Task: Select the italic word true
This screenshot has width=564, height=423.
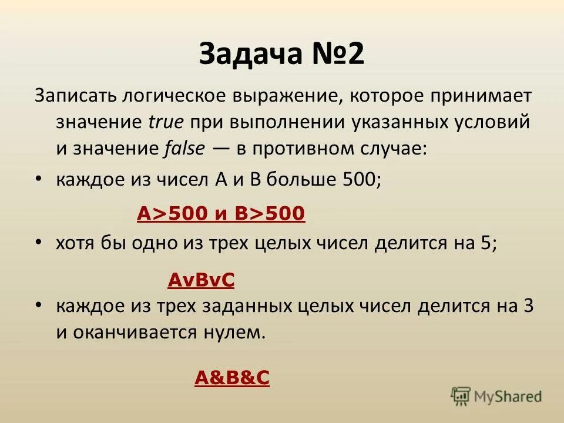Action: pyautogui.click(x=166, y=122)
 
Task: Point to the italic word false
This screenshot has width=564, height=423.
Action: pyautogui.click(x=183, y=149)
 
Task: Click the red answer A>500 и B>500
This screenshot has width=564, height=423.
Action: pyautogui.click(x=221, y=214)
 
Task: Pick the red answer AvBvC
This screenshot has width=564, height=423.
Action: pyautogui.click(x=201, y=281)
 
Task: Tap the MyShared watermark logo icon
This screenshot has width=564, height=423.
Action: pyautogui.click(x=461, y=396)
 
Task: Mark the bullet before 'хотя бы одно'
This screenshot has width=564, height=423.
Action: pyautogui.click(x=38, y=241)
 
